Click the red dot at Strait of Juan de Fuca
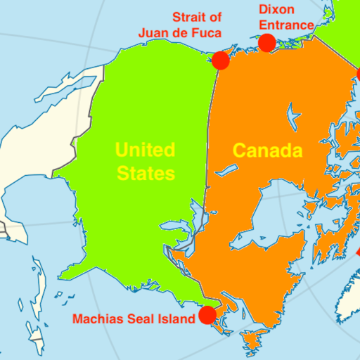point(221,60)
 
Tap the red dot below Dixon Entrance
point(266,44)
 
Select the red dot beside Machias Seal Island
point(207,314)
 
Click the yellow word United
point(145,150)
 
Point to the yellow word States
point(145,173)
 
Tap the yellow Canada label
point(267,150)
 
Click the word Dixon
point(277,10)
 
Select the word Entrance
point(286,25)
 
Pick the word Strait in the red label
point(191,17)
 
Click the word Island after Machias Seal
point(176,319)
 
